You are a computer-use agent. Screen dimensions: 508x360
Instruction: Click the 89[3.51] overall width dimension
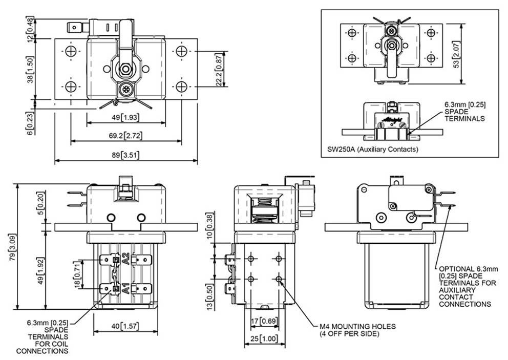click(125, 155)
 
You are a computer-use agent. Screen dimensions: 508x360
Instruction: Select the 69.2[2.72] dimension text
click(125, 135)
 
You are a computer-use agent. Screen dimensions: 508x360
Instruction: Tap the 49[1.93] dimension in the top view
click(125, 117)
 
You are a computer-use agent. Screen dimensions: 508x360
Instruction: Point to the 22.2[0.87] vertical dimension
click(219, 70)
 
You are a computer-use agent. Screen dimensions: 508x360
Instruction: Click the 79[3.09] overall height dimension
click(12, 247)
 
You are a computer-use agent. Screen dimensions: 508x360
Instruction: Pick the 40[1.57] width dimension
click(125, 326)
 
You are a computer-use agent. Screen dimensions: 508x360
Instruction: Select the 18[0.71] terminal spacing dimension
click(78, 274)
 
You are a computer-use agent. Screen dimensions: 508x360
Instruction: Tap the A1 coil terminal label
click(125, 288)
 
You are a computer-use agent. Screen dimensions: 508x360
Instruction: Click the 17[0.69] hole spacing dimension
click(264, 321)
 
